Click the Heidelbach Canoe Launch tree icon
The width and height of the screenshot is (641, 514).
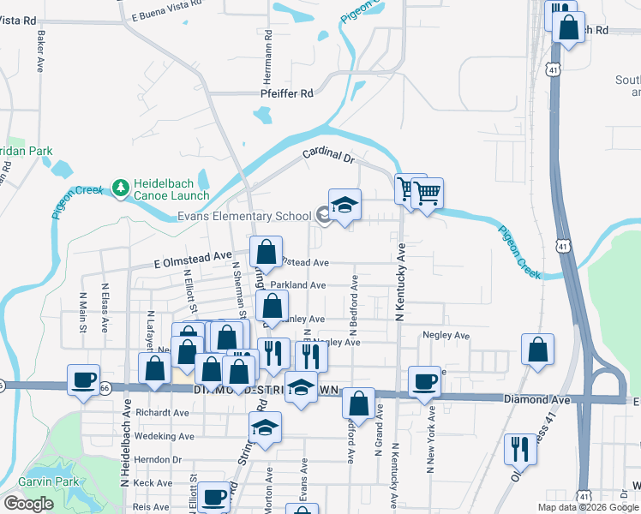121,187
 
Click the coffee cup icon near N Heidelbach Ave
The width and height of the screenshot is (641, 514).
84,380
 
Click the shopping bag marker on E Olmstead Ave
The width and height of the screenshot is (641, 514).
267,252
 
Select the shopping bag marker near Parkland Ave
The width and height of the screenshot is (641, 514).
272,305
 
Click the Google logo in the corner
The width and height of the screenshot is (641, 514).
27,504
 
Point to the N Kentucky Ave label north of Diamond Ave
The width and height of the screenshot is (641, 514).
399,282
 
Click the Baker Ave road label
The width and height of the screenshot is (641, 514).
39,53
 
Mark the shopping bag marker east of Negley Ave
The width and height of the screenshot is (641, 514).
537,350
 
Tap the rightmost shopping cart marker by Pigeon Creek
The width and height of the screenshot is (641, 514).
427,192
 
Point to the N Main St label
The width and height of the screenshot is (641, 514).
83,307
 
